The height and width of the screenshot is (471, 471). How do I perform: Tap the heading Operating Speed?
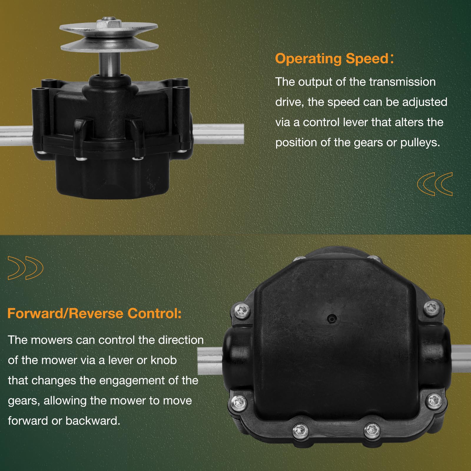coord(332,59)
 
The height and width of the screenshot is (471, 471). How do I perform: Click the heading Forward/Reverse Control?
coord(94,313)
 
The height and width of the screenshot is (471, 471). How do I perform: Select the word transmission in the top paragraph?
coord(402,82)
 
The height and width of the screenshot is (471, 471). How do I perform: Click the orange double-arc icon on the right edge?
coord(435,184)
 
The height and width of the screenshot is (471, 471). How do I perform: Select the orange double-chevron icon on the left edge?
coord(26,268)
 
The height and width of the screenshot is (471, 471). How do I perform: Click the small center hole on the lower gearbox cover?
coord(332,318)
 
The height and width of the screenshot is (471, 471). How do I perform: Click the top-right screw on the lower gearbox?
coord(432,308)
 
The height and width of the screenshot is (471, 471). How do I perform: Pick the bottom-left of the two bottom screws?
coord(300,430)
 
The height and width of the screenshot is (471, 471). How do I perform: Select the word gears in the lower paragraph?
coord(23,401)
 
